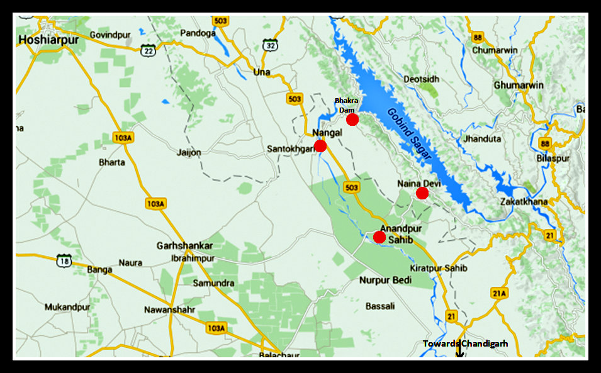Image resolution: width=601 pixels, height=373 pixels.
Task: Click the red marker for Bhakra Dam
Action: tap(352, 119)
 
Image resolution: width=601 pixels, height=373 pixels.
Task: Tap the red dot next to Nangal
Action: tap(320, 146)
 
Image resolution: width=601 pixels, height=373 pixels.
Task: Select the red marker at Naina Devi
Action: tap(422, 193)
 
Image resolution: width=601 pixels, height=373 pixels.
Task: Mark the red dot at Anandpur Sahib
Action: tap(379, 237)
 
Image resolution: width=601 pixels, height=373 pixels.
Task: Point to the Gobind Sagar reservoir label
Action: tap(410, 136)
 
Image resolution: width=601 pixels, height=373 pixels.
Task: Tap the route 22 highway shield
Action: tap(148, 50)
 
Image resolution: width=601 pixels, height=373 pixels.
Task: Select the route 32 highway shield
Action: tap(271, 45)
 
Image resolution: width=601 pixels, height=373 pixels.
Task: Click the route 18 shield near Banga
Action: tap(64, 261)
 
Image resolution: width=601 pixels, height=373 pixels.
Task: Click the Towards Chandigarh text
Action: tap(465, 343)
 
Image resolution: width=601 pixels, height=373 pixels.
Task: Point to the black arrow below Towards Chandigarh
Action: tap(459, 354)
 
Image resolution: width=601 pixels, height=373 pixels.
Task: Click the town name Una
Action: tap(261, 72)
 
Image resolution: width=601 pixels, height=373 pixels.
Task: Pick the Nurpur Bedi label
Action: tap(385, 280)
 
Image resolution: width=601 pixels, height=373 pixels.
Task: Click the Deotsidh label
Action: tap(421, 79)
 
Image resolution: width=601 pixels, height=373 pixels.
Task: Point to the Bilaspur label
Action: tap(553, 159)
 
